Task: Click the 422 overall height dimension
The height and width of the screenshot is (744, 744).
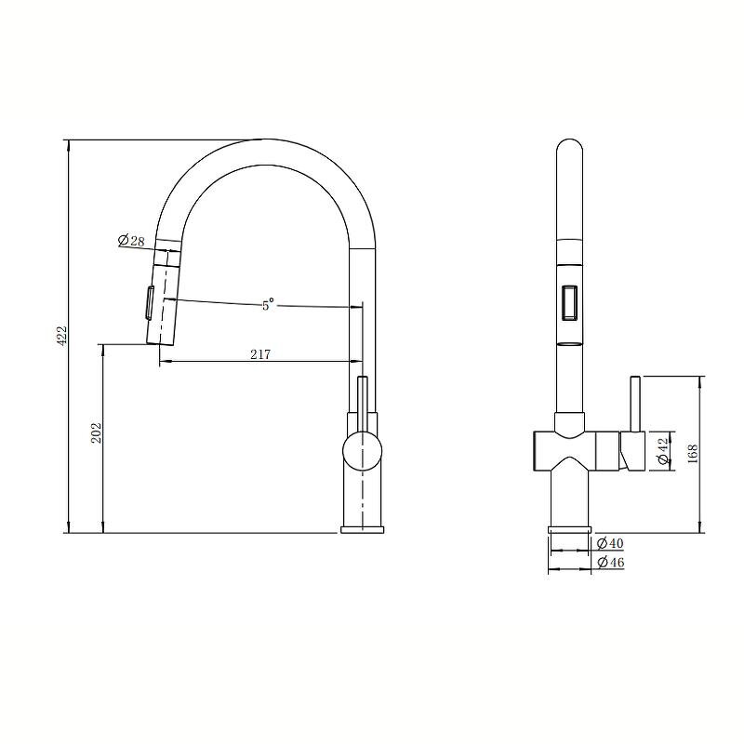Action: click(x=62, y=336)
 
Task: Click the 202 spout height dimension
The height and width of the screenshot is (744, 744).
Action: click(x=97, y=433)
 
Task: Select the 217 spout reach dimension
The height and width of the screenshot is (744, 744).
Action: click(x=260, y=354)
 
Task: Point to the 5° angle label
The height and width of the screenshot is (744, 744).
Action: click(x=268, y=304)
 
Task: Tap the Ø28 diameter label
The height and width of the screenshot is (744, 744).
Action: click(x=131, y=241)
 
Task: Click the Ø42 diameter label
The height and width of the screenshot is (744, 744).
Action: click(x=663, y=451)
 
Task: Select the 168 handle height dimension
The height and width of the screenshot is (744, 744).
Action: click(x=692, y=454)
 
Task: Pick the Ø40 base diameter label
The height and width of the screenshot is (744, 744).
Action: click(x=610, y=542)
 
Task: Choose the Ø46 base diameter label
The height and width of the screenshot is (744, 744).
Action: click(x=610, y=563)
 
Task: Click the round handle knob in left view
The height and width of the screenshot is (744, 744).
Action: click(x=362, y=451)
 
